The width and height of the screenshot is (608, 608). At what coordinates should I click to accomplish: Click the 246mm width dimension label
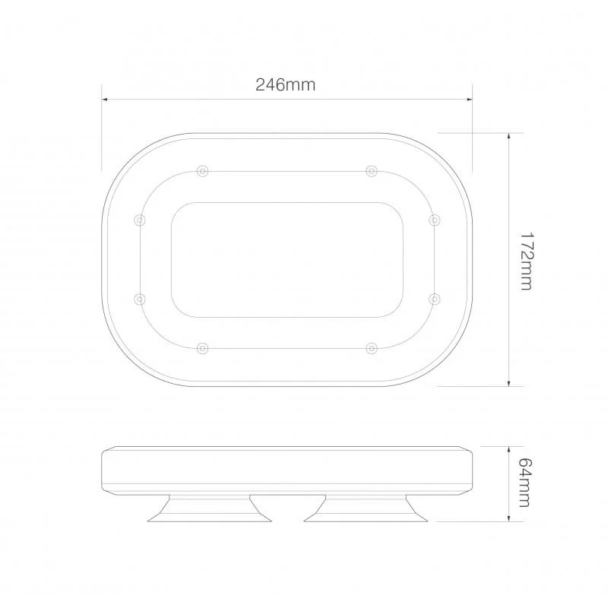click(285, 85)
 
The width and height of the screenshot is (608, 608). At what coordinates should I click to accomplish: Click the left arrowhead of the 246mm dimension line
click(106, 99)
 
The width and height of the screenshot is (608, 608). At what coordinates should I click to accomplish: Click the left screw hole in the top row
click(201, 170)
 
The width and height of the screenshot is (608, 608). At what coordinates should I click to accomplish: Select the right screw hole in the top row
click(371, 170)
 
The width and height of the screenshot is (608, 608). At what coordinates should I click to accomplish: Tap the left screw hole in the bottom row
click(201, 348)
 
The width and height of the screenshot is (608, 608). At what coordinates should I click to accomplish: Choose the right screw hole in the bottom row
click(371, 348)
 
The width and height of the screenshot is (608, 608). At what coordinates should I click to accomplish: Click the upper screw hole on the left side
click(139, 220)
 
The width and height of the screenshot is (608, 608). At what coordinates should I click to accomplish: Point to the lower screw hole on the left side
click(139, 299)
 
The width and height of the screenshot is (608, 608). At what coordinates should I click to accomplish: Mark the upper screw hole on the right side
click(434, 220)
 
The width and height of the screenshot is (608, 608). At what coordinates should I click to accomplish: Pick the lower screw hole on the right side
click(434, 299)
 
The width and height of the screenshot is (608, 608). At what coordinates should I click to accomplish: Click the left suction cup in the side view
click(210, 510)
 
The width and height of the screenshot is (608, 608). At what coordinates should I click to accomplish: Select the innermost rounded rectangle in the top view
click(287, 259)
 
